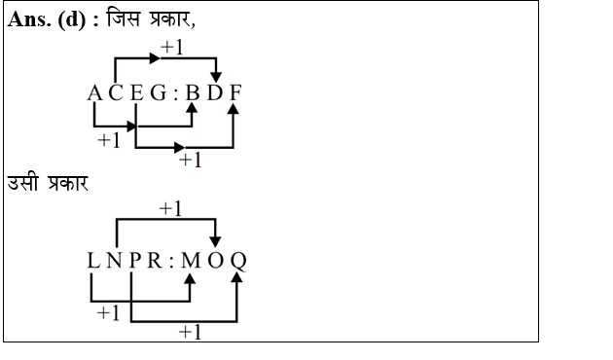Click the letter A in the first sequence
coord(94,94)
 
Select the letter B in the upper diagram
coord(192,94)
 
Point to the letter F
coord(235,94)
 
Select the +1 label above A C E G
coord(172,47)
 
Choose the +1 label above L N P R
coord(171,207)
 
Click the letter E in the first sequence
coord(137,94)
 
